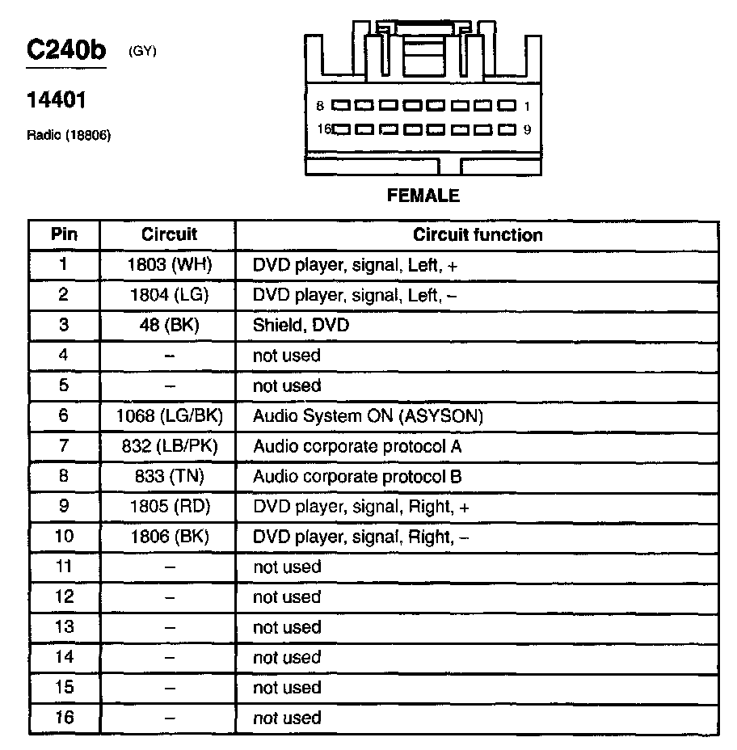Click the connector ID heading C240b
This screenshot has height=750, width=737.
coord(66,49)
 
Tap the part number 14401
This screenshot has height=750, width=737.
coord(57,101)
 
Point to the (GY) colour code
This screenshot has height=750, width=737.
coord(142,52)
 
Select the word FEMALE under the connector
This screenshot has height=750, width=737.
coord(423,196)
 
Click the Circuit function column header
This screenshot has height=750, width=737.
coord(478,235)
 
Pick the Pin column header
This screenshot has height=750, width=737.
coord(65,235)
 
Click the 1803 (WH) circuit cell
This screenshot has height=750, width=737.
coord(169,265)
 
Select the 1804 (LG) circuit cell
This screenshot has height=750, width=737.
coord(169,295)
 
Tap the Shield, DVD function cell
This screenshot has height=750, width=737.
coord(301,326)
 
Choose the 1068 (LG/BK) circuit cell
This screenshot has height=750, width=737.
coord(169,416)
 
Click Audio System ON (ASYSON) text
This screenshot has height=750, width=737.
coord(368,416)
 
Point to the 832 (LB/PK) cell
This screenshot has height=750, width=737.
coord(169,446)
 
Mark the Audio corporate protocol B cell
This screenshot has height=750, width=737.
coord(357,477)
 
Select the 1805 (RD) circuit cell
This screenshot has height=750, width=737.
coord(169,507)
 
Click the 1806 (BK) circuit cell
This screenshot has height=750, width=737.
coord(169,537)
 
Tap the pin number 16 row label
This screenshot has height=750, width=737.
coord(65,718)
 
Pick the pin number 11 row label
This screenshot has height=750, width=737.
coord(65,567)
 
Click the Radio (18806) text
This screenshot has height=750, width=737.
coord(69,135)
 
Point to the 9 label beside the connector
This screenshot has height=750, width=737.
coord(527,129)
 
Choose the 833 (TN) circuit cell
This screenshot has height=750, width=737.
coord(169,477)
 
